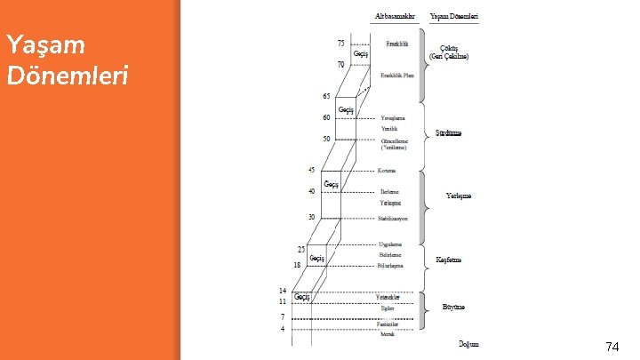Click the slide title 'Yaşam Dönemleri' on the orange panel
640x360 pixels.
coord(68,59)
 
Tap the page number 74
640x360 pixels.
coord(612,347)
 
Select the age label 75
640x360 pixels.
coord(340,42)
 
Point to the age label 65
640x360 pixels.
coord(326,95)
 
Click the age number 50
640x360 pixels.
coord(326,139)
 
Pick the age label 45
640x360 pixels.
coord(312,169)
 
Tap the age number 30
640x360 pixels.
coord(312,217)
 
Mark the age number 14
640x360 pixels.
coord(283,291)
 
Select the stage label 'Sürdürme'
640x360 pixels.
coord(448,133)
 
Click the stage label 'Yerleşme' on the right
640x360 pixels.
coord(459,196)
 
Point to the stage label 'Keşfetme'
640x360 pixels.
coord(449,260)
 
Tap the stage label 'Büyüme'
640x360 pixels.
coord(453,307)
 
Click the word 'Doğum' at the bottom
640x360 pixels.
coord(468,343)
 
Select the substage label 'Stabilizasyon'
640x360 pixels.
coord(392,218)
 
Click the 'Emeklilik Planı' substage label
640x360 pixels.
coord(397,76)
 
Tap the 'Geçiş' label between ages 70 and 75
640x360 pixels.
coord(361,53)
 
